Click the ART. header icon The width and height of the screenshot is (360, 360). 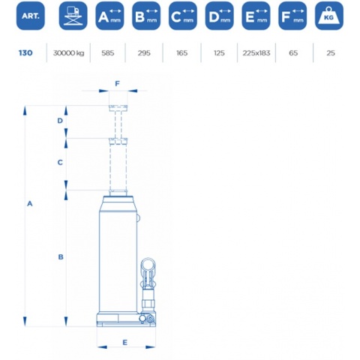pyautogui.click(x=31, y=16)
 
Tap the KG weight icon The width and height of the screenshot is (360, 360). pyautogui.click(x=329, y=16)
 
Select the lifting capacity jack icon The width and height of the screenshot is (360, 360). pyautogui.click(x=73, y=16)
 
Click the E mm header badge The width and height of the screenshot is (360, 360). pyautogui.click(x=256, y=16)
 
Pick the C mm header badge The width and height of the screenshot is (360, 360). pyautogui.click(x=183, y=16)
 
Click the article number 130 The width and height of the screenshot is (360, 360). pyautogui.click(x=25, y=53)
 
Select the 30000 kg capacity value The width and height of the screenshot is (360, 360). pyautogui.click(x=68, y=53)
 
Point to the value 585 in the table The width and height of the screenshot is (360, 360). pyautogui.click(x=108, y=53)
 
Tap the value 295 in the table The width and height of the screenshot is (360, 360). pyautogui.click(x=144, y=53)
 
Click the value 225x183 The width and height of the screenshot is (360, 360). pyautogui.click(x=256, y=53)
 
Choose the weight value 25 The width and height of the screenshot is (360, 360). pyautogui.click(x=331, y=53)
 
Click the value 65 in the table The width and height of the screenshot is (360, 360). pyautogui.click(x=293, y=53)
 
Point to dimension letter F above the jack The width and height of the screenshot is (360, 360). pyautogui.click(x=118, y=84)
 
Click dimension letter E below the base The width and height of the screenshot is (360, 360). pyautogui.click(x=125, y=343)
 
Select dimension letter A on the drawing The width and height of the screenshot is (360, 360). pyautogui.click(x=30, y=204)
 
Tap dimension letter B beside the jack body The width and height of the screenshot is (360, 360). pyautogui.click(x=61, y=256)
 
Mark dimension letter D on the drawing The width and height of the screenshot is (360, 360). pyautogui.click(x=60, y=121)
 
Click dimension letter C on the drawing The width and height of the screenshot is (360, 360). pyautogui.click(x=60, y=163)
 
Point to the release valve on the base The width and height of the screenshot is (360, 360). pyautogui.click(x=150, y=319)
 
